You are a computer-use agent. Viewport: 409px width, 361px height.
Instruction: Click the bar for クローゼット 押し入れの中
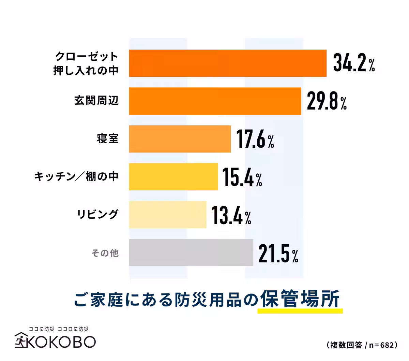[228, 63]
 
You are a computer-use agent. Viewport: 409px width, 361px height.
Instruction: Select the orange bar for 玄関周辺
[215, 101]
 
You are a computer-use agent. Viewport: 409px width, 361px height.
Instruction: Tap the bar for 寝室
[180, 139]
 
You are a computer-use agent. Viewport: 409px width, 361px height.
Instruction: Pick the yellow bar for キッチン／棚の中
[173, 177]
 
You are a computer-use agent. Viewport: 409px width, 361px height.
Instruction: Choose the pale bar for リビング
[167, 215]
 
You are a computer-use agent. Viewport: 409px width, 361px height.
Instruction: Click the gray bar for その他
[191, 252]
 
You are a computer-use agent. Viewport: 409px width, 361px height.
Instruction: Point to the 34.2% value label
[354, 63]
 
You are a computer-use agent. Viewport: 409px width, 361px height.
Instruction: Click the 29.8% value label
[327, 101]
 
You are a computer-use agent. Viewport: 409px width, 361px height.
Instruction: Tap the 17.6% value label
[255, 139]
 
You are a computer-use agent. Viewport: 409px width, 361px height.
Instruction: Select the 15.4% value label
[242, 177]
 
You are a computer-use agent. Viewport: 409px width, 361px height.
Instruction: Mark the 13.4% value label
[231, 215]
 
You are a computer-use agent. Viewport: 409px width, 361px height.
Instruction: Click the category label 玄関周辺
[96, 101]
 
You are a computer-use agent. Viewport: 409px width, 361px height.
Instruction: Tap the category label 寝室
[108, 139]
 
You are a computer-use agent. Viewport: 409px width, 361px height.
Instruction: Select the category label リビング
[97, 214]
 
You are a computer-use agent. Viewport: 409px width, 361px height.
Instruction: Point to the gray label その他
[105, 252]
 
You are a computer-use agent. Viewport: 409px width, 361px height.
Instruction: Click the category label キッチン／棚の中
[76, 176]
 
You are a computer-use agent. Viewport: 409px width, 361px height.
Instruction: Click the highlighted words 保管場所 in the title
[300, 299]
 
